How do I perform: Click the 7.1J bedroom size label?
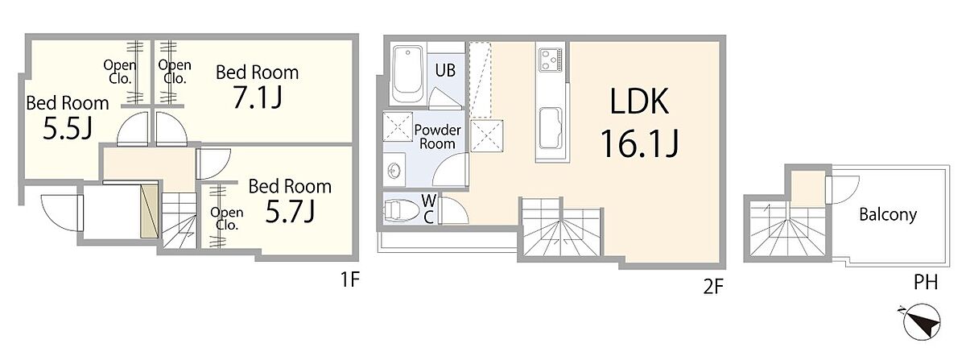(258, 98)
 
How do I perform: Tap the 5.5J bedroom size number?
(68, 129)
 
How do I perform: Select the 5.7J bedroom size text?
(290, 212)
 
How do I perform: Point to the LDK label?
(639, 101)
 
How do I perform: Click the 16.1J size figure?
(639, 143)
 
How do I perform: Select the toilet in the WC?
(401, 211)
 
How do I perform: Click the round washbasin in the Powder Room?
(394, 171)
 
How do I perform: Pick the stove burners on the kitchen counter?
(551, 60)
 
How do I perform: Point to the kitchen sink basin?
(551, 128)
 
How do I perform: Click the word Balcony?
(887, 214)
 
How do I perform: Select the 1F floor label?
(349, 279)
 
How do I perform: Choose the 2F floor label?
(713, 287)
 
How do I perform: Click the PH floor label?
(926, 283)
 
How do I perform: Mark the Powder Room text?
(437, 137)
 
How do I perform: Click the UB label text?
(445, 70)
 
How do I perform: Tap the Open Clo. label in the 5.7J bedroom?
(227, 218)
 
